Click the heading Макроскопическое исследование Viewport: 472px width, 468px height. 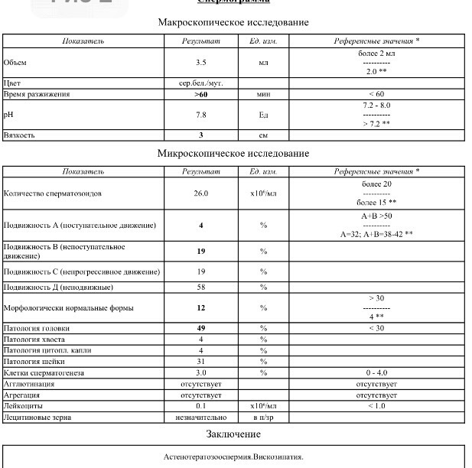pos(233,22)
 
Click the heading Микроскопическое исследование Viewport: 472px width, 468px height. pos(233,153)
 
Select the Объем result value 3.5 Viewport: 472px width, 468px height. pos(202,62)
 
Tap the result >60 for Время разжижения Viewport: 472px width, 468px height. pos(202,94)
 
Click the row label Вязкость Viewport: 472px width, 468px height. pos(19,135)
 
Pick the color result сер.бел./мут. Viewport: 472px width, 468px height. pos(202,83)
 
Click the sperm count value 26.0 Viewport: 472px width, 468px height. pos(202,193)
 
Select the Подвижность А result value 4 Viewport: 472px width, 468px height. pos(202,226)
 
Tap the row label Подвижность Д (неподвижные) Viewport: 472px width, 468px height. pos(59,287)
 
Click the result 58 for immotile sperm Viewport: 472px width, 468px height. pos(202,287)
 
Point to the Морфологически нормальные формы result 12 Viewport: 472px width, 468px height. pos(202,307)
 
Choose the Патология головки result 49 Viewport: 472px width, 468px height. pos(202,327)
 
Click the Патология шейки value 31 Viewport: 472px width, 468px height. pos(202,361)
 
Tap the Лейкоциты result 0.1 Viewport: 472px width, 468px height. pos(202,406)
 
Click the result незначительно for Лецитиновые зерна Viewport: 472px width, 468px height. pos(202,418)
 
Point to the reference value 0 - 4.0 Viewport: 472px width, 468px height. pos(376,372)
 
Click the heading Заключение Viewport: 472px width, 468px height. pos(233,434)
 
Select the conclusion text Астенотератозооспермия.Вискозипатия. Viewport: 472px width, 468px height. pos(233,457)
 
